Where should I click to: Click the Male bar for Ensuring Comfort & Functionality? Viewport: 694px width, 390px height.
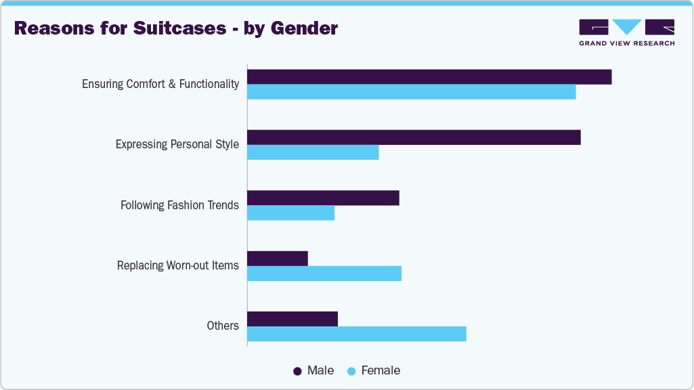(x=429, y=77)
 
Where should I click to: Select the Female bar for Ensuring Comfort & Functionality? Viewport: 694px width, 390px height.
(x=411, y=92)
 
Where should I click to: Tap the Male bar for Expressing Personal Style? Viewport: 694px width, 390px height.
(x=414, y=137)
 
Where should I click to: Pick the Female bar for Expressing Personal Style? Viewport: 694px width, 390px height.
(x=313, y=152)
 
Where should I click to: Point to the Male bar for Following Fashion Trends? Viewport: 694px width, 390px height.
(x=323, y=198)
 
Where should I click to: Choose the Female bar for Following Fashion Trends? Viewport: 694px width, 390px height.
(x=291, y=213)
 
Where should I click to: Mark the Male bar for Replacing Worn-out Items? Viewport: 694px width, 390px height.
(x=278, y=259)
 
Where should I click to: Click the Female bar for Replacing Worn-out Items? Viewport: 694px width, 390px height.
(x=324, y=274)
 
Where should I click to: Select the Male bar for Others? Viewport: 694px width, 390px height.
(x=292, y=319)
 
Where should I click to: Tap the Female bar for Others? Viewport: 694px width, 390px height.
(x=357, y=334)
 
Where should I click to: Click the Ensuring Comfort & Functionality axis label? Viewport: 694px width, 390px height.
(x=160, y=84)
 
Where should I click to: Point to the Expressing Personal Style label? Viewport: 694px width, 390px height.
(x=177, y=144)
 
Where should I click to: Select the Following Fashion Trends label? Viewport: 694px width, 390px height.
(x=179, y=205)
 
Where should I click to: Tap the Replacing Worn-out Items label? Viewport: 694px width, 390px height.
(x=178, y=265)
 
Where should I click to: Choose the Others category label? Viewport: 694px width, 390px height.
(x=223, y=326)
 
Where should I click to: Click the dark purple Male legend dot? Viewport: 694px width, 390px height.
(x=297, y=371)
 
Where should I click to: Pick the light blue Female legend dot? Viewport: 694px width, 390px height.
(x=351, y=371)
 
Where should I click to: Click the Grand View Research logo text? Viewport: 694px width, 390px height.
(x=626, y=43)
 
